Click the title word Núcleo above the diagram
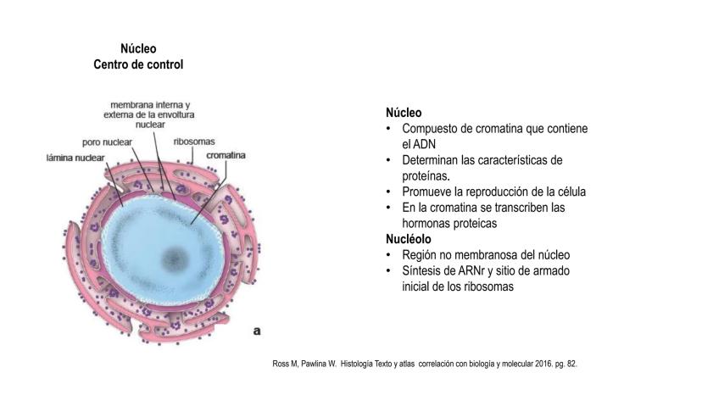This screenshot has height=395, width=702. pyautogui.click(x=138, y=49)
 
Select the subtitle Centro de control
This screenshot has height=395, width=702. pyautogui.click(x=138, y=64)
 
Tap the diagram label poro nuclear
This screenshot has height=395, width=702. pyautogui.click(x=107, y=142)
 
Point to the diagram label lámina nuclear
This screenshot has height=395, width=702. pyautogui.click(x=75, y=157)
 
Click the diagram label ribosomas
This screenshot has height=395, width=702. pyautogui.click(x=193, y=142)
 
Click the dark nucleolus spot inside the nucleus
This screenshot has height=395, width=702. pyautogui.click(x=175, y=257)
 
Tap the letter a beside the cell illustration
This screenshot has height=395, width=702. pyautogui.click(x=255, y=331)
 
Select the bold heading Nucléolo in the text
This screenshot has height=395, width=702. pyautogui.click(x=409, y=240)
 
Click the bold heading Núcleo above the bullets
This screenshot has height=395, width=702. pyautogui.click(x=404, y=113)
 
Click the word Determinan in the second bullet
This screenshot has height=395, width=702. pyautogui.click(x=432, y=160)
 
